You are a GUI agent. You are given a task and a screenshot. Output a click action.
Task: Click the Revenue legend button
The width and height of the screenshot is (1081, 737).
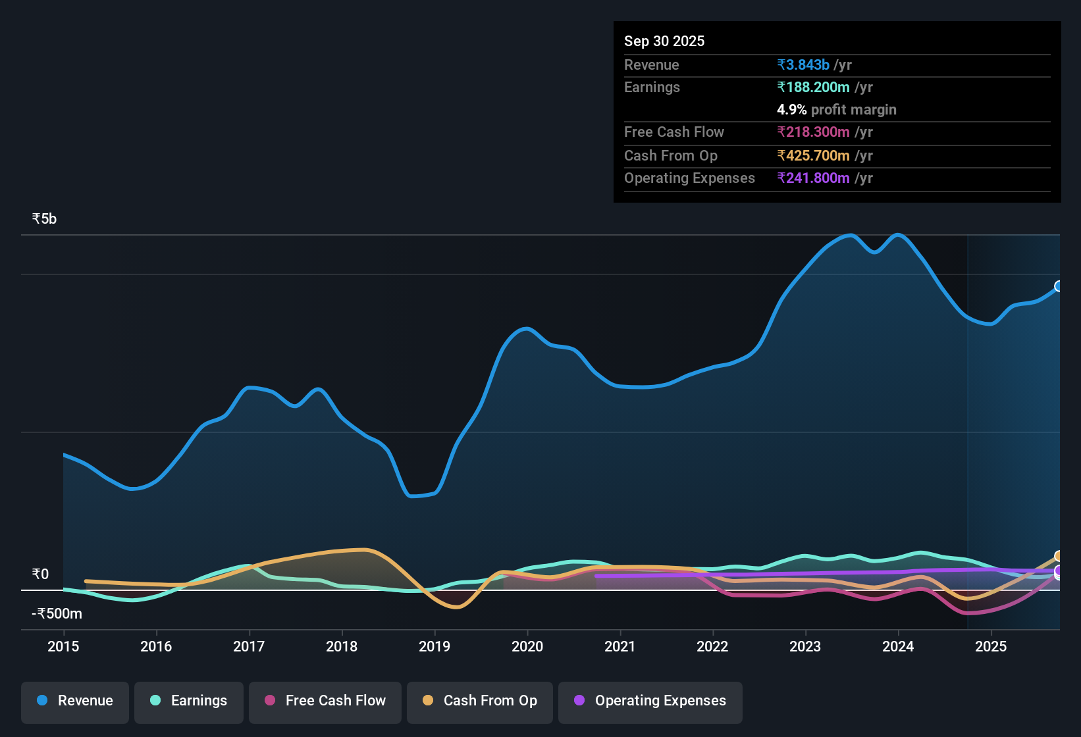click(75, 701)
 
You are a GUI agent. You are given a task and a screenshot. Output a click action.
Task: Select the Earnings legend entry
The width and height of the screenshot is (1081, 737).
click(189, 701)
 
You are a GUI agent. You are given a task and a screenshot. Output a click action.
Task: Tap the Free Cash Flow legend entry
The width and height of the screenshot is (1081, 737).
click(325, 701)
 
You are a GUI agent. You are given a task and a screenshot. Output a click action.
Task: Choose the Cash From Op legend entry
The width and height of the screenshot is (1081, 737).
click(480, 701)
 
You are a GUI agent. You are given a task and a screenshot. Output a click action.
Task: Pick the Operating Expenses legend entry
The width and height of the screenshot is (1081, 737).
click(650, 701)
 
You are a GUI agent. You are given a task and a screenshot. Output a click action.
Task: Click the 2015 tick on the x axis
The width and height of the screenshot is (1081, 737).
click(63, 647)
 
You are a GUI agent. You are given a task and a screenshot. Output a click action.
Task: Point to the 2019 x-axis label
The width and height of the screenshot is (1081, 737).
click(435, 647)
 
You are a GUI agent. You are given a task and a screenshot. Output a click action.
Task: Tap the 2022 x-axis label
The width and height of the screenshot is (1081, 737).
click(712, 647)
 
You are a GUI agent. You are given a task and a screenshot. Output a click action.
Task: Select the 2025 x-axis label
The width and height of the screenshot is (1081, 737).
click(991, 647)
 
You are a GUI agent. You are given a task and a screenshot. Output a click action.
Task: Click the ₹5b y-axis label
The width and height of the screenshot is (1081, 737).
click(44, 219)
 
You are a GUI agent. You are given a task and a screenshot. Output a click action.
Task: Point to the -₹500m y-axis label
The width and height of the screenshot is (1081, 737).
click(57, 614)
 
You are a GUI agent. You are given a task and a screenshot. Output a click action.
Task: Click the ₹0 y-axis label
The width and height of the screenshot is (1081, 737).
click(40, 574)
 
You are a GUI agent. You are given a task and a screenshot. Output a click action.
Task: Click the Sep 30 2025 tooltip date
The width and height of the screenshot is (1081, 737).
click(664, 41)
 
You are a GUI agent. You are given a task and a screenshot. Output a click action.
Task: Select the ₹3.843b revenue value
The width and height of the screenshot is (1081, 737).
click(803, 65)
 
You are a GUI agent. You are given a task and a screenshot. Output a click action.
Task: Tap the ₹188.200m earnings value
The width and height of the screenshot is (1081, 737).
click(813, 88)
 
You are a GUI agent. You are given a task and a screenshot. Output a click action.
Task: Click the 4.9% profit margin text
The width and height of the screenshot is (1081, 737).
click(836, 110)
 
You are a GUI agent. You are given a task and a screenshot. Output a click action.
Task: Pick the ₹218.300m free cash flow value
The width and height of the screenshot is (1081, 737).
click(813, 132)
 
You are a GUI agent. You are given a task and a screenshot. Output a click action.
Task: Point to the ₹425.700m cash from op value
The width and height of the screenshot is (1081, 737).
click(813, 156)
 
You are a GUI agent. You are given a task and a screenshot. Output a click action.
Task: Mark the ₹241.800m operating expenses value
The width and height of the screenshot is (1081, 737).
click(813, 178)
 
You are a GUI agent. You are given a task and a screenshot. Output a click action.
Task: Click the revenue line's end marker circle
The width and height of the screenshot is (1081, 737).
click(1059, 286)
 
